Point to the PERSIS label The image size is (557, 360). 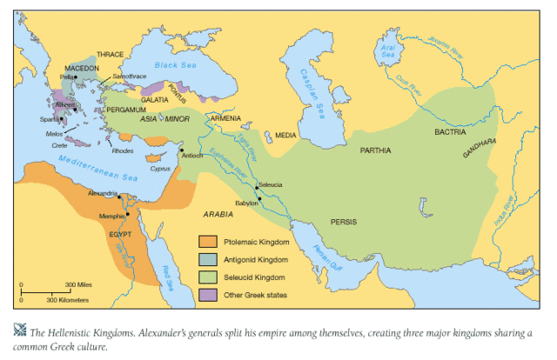[x=344, y=221]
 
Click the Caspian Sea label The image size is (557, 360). [x=305, y=87]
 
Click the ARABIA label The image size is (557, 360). [x=218, y=213]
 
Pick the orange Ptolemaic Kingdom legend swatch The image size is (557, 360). [x=207, y=241]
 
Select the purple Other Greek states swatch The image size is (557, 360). [x=207, y=296]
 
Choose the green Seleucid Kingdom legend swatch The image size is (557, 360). [x=207, y=277]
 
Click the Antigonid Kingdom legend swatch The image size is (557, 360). [x=207, y=259]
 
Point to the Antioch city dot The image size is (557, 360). [x=181, y=150]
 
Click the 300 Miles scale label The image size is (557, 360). [x=79, y=285]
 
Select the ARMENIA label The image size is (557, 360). [x=225, y=118]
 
